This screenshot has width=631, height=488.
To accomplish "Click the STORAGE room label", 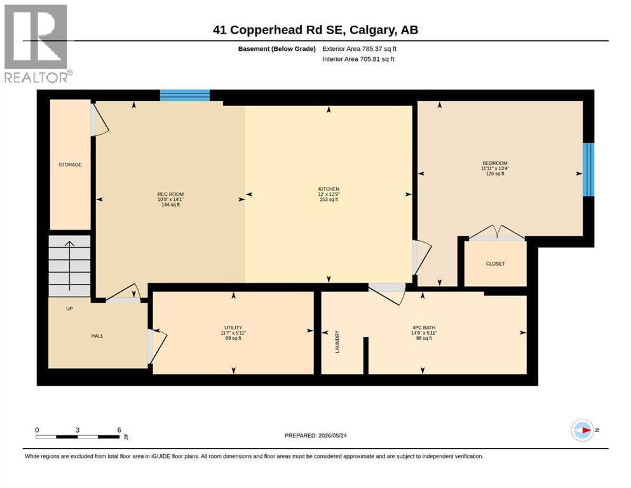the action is point(70,165).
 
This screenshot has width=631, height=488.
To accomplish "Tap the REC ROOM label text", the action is point(171,194).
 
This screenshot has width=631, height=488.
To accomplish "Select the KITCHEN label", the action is point(329,189).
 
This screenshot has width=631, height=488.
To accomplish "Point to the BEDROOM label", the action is point(495,163).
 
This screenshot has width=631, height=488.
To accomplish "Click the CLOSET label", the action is point(496,264).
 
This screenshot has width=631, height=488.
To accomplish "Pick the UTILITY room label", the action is point(233,328).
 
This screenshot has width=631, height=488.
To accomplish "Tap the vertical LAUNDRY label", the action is point(337,342).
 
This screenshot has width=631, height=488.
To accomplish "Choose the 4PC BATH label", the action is point(424,328).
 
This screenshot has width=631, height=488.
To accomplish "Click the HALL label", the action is point(97,336).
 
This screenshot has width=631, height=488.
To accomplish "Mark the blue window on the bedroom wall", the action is point(588,170).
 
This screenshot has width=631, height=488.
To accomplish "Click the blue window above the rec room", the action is point(185,95).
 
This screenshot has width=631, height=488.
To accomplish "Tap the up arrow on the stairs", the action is point(70,266).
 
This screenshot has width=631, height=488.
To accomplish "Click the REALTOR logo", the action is point(38,43).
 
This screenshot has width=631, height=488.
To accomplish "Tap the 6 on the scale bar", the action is point(119,430).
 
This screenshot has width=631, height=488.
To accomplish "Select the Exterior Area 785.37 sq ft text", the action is point(360,49).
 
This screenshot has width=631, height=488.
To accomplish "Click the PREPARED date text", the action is point(315,435).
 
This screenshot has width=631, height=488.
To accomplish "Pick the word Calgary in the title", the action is point(372,30).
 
